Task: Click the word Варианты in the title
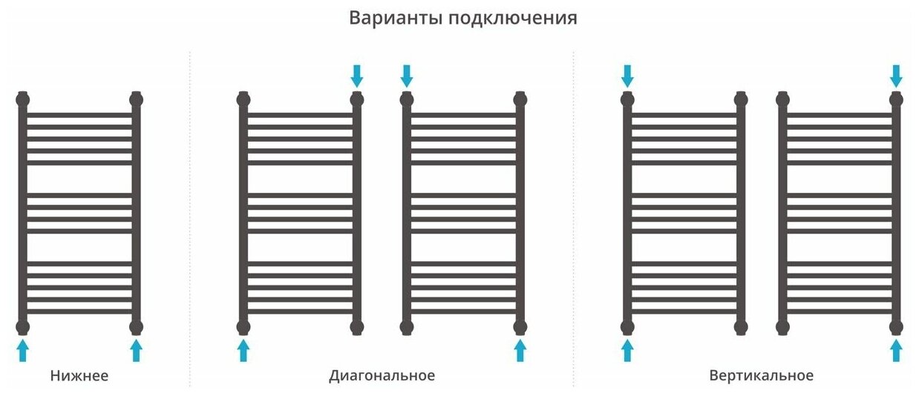396,18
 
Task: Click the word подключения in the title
512,19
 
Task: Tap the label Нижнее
79,376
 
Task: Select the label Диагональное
382,376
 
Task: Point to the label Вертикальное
761,376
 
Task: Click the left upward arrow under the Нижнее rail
23,350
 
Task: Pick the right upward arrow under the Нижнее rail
136,350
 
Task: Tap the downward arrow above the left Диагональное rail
357,75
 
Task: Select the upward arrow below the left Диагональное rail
243,350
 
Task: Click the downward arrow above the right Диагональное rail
406,75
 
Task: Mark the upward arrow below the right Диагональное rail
520,350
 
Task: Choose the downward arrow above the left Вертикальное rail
627,75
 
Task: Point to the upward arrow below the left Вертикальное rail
627,350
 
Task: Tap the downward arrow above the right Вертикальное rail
896,75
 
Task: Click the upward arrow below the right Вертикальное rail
896,350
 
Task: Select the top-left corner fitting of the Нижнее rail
23,99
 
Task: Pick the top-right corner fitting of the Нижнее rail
136,99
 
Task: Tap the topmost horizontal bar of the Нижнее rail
79,116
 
